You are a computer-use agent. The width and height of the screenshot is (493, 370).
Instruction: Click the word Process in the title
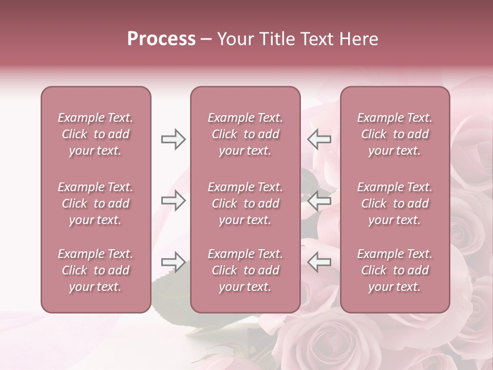coord(161,39)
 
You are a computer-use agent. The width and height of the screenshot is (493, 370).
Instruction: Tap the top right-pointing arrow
coord(173,139)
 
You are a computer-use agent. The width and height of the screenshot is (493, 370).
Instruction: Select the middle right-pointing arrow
coord(173,200)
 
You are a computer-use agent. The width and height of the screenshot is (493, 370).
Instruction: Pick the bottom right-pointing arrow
coord(173,262)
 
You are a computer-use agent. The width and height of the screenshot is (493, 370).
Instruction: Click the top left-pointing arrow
coord(319,139)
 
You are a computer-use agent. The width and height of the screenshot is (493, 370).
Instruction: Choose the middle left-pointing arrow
coord(319,200)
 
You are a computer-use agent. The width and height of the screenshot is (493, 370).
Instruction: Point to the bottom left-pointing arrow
coord(319,262)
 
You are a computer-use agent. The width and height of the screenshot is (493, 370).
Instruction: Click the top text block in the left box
coord(96,134)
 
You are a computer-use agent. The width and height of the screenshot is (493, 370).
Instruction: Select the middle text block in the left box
coord(96,203)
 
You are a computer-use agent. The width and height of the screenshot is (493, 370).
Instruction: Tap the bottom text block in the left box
coord(96,270)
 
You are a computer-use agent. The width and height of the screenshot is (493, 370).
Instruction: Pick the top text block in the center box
coord(245,134)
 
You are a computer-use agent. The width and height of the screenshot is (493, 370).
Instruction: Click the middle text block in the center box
coord(245,203)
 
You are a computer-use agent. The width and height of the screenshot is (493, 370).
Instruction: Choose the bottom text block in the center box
coord(245,270)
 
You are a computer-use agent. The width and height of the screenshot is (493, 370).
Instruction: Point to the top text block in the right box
coord(394,134)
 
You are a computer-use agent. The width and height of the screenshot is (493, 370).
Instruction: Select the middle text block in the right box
coord(394,203)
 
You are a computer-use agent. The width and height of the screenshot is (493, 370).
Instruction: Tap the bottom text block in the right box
coord(394,270)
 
